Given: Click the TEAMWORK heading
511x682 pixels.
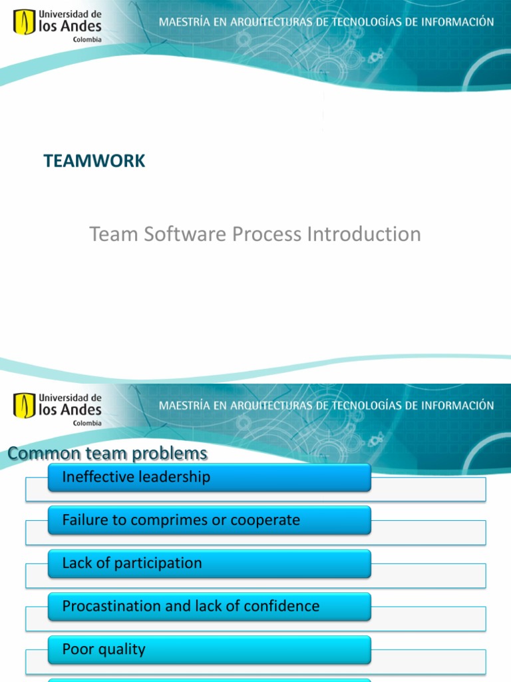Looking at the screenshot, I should (x=94, y=161).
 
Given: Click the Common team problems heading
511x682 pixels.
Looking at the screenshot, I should (x=108, y=454).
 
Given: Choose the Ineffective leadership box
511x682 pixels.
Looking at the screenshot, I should (x=209, y=478).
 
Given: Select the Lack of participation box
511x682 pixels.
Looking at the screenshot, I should (x=209, y=563).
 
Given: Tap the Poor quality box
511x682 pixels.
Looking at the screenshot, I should (x=209, y=649).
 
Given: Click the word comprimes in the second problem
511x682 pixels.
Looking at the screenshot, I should (x=174, y=520).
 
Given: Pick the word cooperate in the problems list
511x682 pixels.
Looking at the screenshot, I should (x=265, y=520).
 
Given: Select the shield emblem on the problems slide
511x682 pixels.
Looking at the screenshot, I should (x=25, y=406).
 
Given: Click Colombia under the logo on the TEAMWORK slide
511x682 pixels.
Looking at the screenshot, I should (x=87, y=39).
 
